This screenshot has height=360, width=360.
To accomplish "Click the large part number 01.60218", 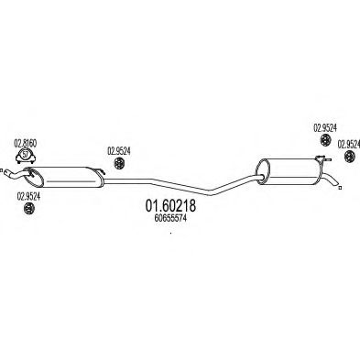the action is click(x=170, y=206).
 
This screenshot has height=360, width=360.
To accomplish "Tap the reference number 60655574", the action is click(x=170, y=218).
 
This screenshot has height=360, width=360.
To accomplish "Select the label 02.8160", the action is click(x=26, y=143).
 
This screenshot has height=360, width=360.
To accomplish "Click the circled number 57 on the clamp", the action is click(x=26, y=154).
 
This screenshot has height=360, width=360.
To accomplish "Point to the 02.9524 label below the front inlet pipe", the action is click(x=28, y=197).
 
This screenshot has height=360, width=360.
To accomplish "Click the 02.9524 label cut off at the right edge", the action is click(x=348, y=145).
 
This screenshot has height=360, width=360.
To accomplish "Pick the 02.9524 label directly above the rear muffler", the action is click(x=325, y=128).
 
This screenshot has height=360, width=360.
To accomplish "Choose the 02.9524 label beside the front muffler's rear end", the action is click(x=119, y=151).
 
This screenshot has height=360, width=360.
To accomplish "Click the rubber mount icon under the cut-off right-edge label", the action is click(x=349, y=157).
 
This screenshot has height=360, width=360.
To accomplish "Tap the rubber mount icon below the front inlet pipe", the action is click(x=29, y=209).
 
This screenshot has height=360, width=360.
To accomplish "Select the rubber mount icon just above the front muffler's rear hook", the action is click(x=118, y=163).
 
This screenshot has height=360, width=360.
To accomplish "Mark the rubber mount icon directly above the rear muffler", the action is click(x=325, y=140).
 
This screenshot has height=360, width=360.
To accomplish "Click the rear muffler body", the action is click(x=289, y=171).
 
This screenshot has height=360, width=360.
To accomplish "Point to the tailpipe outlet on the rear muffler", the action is click(x=331, y=180).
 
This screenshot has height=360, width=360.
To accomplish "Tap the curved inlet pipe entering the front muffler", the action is click(x=16, y=174).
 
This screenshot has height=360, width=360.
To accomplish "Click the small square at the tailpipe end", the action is click(x=340, y=188).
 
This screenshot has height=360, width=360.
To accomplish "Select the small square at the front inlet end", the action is click(x=1, y=170).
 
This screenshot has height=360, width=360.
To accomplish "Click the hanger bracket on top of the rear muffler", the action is click(x=322, y=158).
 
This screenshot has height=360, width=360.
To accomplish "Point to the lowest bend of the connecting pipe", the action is click(x=211, y=192).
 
